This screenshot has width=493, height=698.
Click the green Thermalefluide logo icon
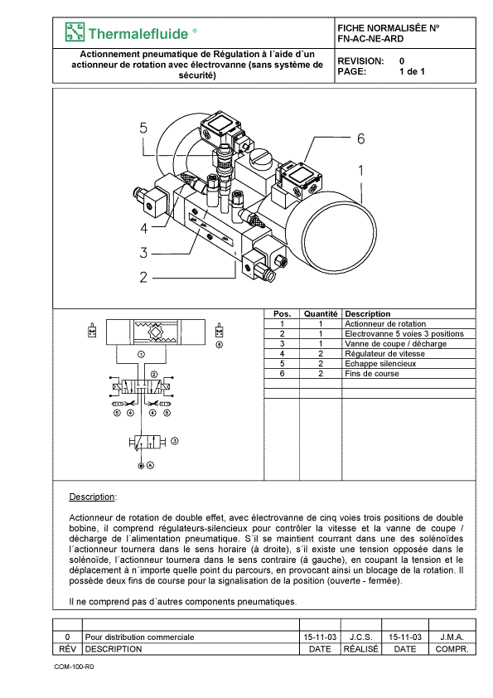tap(75, 32)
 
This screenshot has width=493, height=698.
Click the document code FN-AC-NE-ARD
tap(370, 39)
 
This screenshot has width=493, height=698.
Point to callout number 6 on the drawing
tap(361, 139)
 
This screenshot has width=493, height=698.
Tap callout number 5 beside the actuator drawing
tap(143, 128)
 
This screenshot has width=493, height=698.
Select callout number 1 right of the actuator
tap(361, 171)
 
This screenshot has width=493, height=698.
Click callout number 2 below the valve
tap(143, 278)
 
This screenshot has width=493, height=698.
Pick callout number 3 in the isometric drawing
tap(143, 253)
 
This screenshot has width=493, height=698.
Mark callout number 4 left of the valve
tap(143, 228)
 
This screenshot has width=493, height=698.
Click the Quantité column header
tap(321, 314)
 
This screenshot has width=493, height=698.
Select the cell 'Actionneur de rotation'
tap(385, 324)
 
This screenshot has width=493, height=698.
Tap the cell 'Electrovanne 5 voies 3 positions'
tap(404, 334)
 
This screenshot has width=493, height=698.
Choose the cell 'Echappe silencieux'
tap(380, 364)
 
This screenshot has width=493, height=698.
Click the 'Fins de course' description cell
tap(371, 374)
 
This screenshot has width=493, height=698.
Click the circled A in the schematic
tap(151, 465)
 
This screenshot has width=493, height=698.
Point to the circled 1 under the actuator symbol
tap(141, 355)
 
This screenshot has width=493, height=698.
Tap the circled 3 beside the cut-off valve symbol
tap(175, 441)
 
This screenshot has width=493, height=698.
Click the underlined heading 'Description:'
tap(93, 497)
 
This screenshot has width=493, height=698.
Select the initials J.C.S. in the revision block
tap(361, 637)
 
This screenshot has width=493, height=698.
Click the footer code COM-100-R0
tap(75, 666)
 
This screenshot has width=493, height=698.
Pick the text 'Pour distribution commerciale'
tap(140, 637)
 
